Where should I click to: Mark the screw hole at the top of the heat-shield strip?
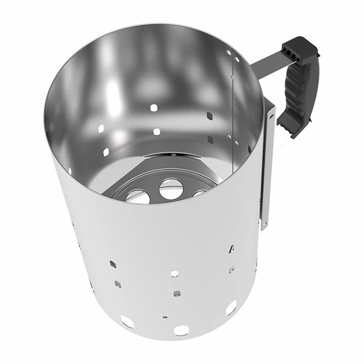pos(272,116)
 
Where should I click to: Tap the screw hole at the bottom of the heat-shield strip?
pos(264,225)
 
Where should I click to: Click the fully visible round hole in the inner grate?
pos(171,189)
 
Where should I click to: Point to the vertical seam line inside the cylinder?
pos(232,100)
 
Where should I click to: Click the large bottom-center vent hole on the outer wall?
pos(181,330)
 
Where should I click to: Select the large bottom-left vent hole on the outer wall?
pos(127,322)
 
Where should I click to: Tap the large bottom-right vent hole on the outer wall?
pos(231,308)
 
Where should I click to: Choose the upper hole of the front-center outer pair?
pos(175,273)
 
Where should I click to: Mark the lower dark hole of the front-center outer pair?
pos(176,293)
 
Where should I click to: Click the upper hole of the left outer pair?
pos(113,263)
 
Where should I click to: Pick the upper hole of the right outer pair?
pos(231,248)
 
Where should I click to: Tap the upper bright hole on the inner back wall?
pos(154,108)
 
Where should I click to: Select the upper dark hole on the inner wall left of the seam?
pos(210,116)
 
